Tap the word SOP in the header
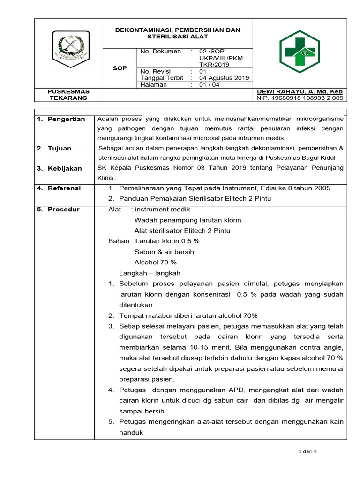tap(120, 68)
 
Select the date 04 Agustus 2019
tap(224, 78)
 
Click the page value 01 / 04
tap(209, 85)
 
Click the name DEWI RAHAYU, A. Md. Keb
tap(300, 91)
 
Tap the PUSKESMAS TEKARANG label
tap(69, 95)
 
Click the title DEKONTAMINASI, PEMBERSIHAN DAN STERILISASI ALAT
tap(178, 33)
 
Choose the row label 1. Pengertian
tap(62, 119)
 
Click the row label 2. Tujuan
tap(55, 149)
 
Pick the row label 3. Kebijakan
tap(60, 168)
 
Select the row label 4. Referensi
tap(60, 188)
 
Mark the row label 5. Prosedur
tap(59, 210)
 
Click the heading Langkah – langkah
tap(150, 273)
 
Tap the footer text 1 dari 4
tap(307, 452)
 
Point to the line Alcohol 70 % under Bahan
tap(155, 262)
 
